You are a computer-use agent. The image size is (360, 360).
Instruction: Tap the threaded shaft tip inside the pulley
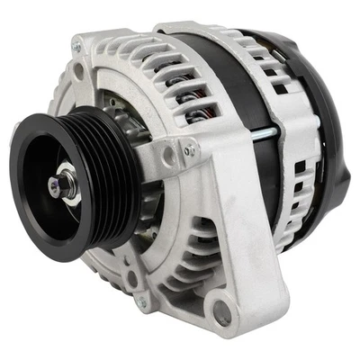pos(56,189)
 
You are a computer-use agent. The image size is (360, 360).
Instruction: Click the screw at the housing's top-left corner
pos(77,47)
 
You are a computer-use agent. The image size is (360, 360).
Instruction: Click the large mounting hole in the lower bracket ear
pos(220,315)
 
